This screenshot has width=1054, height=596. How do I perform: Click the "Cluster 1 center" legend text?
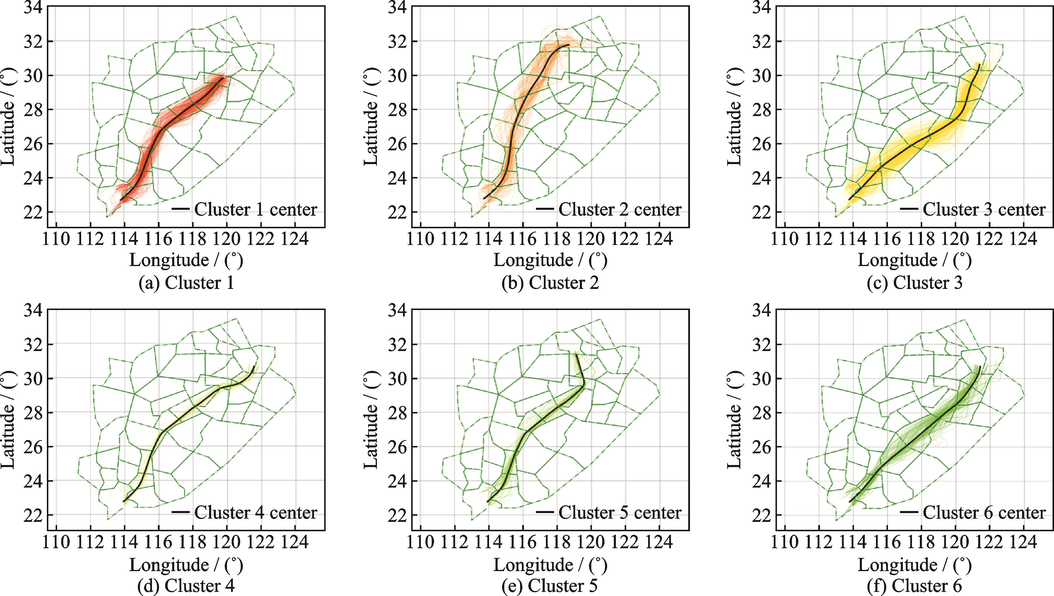(x=256, y=210)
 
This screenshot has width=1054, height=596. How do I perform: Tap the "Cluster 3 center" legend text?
(x=984, y=210)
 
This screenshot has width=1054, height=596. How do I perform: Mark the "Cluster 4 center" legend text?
(x=256, y=512)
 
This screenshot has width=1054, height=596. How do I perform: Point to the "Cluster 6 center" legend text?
(x=984, y=512)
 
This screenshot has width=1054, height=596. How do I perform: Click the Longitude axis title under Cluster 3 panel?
(x=915, y=260)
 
